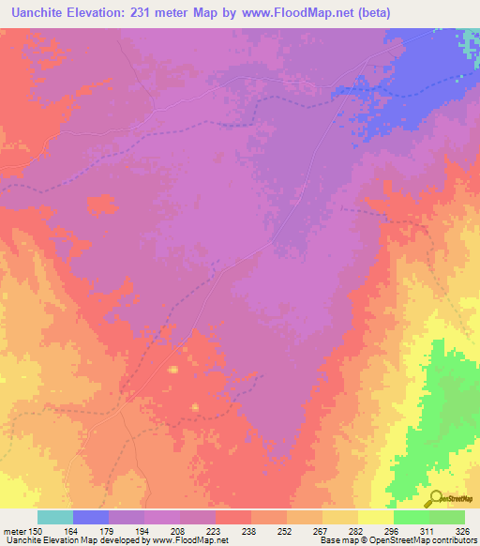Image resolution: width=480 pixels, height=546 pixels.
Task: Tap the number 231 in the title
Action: coord(150,12)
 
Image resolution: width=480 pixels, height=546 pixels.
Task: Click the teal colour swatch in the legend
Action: coord(55,517)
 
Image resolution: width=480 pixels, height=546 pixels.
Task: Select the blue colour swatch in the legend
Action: coord(91,517)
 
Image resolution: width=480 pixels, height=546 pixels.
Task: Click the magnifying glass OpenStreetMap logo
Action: coord(435,499)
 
